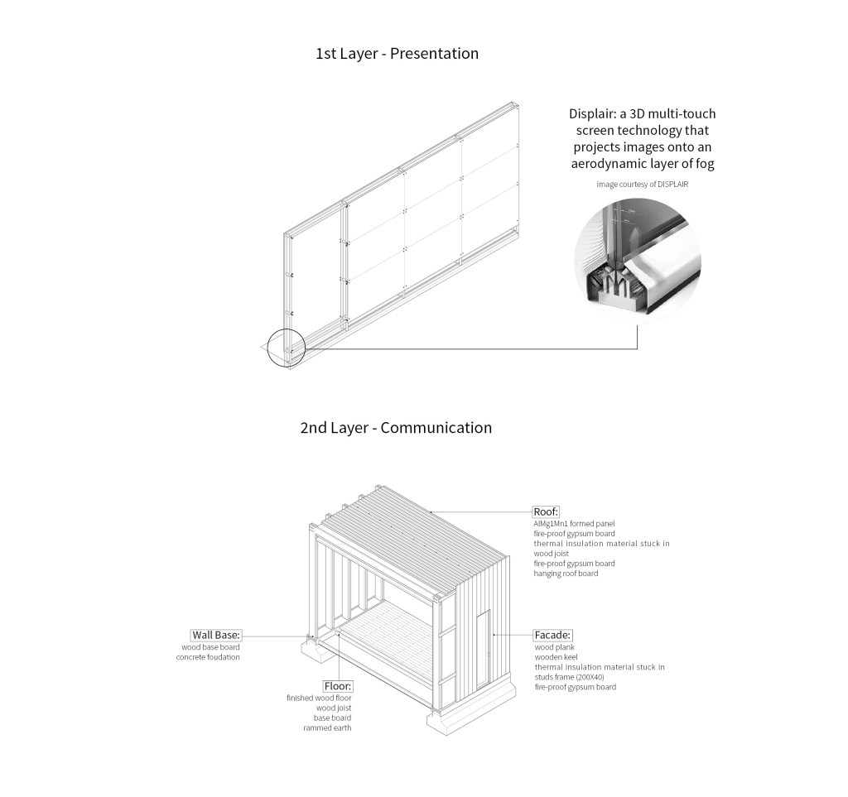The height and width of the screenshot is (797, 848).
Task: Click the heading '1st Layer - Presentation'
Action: coord(397,54)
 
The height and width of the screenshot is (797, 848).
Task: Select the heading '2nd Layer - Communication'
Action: coord(396,428)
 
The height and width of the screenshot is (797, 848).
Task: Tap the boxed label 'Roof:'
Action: coord(547,511)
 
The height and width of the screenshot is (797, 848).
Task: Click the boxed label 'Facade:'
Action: coord(552,635)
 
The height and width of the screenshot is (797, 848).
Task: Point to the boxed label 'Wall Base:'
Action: coord(215,635)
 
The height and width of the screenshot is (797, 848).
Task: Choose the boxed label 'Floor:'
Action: coord(338,686)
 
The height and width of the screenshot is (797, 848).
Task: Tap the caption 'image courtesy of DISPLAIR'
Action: coord(642,184)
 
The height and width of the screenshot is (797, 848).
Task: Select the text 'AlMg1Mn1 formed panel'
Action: coord(575,523)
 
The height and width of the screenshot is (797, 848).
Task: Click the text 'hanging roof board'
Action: coord(566,574)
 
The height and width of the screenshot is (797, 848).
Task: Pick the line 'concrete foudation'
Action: coord(208,657)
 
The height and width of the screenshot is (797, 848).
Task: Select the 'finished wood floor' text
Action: coord(319,699)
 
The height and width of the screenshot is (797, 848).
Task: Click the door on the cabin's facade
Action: coord(484,650)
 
